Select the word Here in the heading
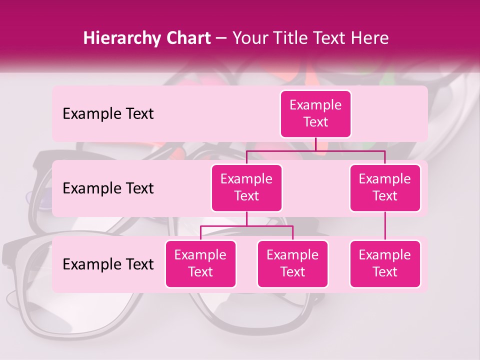[x=369, y=38]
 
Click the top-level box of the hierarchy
[x=315, y=113]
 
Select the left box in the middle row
[x=246, y=187]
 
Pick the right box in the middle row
[x=385, y=187]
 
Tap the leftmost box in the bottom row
[x=200, y=263]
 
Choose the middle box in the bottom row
[x=292, y=263]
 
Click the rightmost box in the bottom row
[x=385, y=263]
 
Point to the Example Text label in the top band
[x=108, y=113]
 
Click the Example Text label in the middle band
[x=108, y=188]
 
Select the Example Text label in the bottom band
[x=108, y=264]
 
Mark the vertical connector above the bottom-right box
[x=385, y=226]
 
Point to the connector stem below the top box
[x=315, y=144]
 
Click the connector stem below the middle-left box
[x=246, y=218]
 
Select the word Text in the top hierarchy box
[x=315, y=122]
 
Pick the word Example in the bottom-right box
[x=385, y=255]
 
